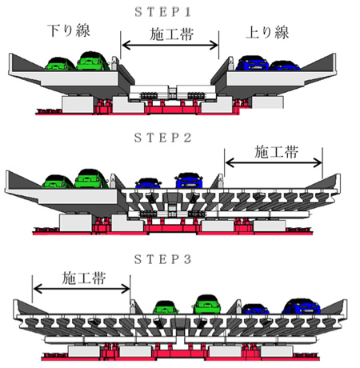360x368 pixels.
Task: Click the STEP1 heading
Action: click(163, 12)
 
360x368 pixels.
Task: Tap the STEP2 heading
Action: click(163, 138)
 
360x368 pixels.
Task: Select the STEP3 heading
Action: click(163, 259)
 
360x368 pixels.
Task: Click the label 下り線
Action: click(69, 30)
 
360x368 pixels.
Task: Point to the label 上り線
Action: click(267, 33)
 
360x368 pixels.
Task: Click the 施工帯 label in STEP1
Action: click(171, 34)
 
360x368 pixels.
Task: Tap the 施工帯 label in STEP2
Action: click(276, 152)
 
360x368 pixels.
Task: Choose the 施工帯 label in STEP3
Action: click(84, 278)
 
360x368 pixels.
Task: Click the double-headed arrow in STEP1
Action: click(170, 46)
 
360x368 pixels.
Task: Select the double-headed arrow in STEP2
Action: click(274, 162)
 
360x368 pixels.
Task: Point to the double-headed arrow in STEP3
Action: click(82, 289)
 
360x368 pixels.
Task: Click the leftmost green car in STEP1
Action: click(60, 64)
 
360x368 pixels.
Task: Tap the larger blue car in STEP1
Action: click(252, 63)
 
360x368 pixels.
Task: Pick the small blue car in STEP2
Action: click(148, 183)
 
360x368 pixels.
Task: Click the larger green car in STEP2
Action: click(91, 178)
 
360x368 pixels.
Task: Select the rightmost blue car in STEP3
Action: click(302, 306)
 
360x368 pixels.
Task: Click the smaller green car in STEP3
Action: click(166, 307)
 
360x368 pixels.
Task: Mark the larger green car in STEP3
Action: click(207, 304)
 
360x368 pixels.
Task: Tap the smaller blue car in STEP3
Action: click(255, 309)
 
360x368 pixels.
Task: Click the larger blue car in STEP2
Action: click(189, 181)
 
